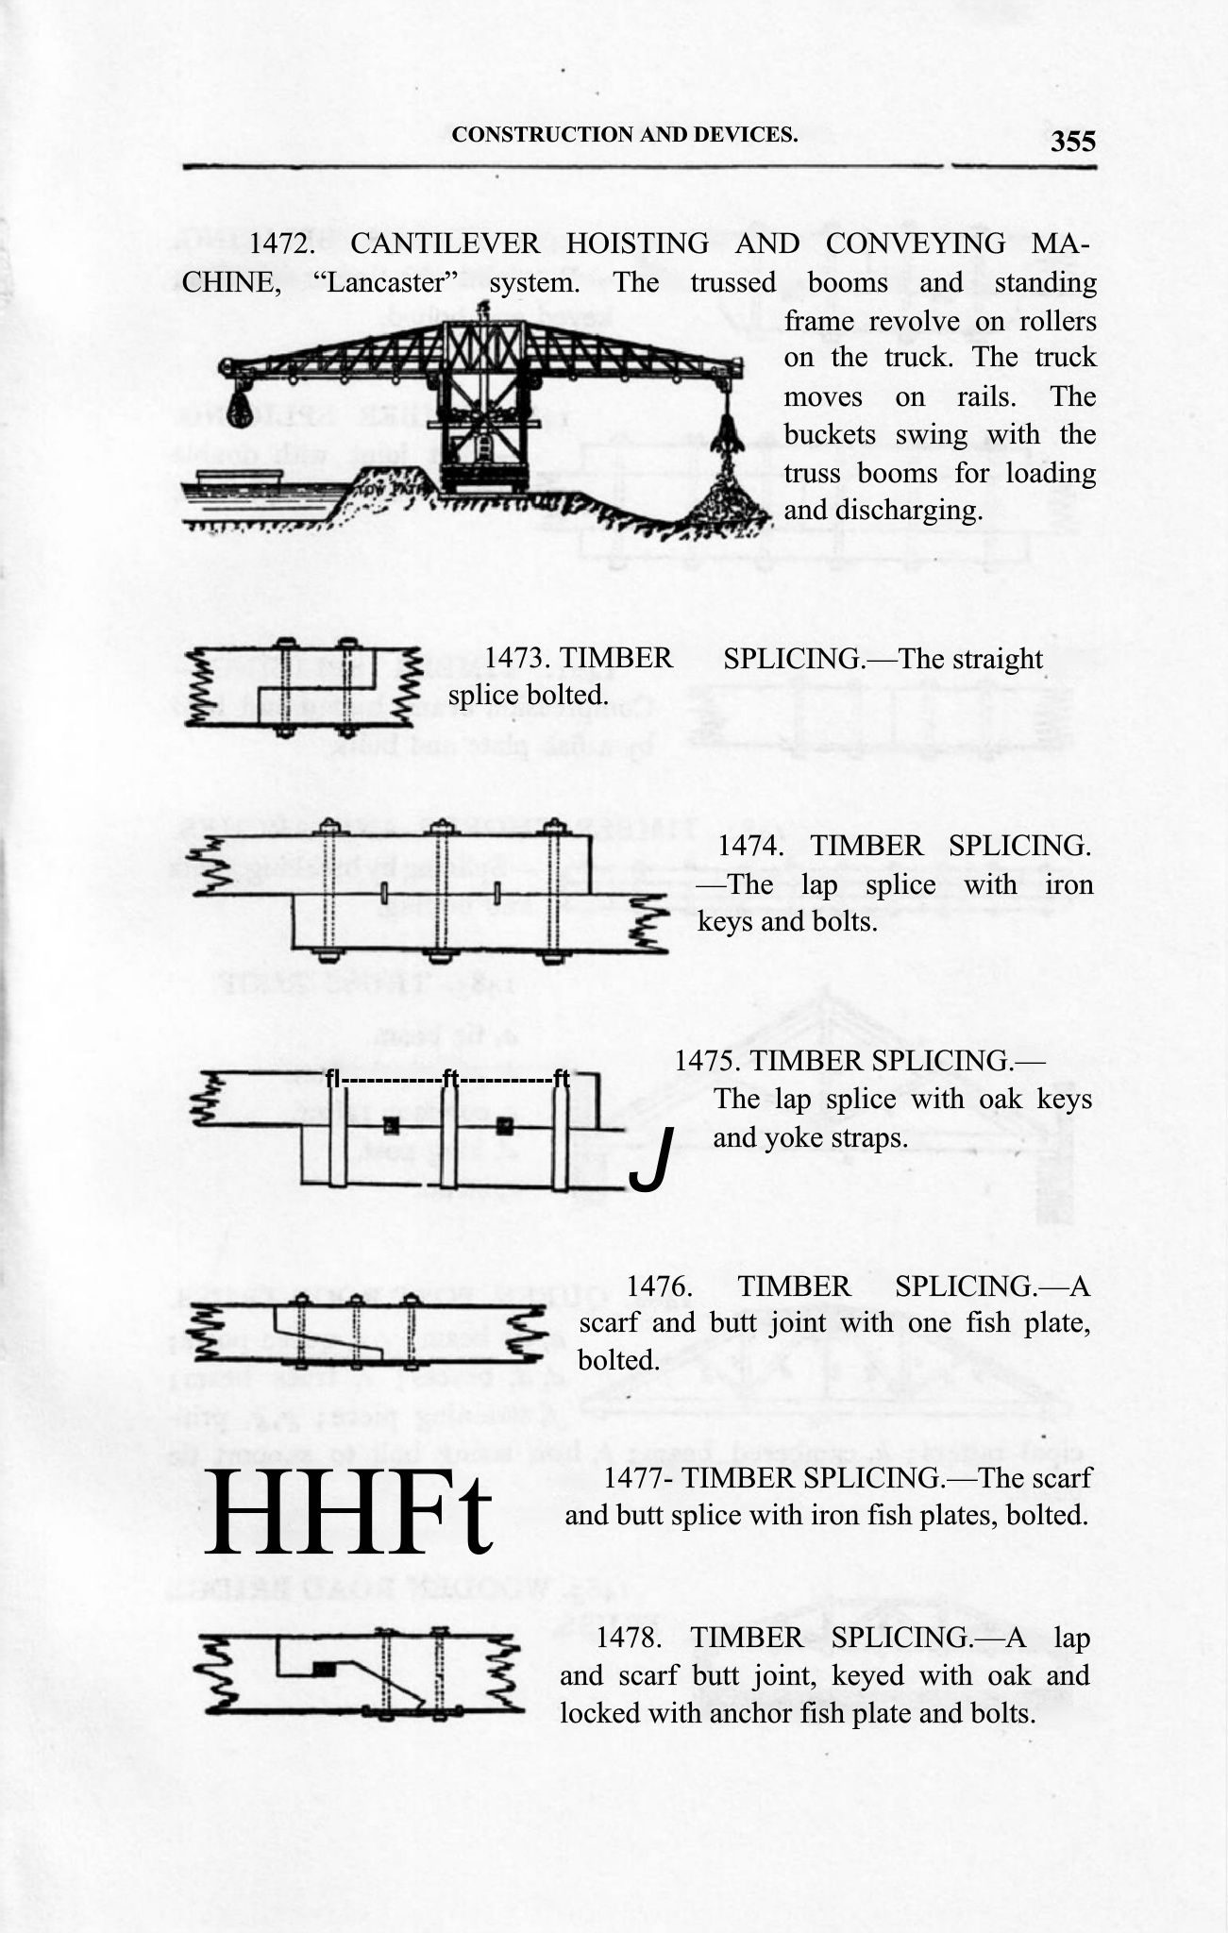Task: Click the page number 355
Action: point(1073,142)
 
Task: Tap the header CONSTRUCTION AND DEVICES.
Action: point(624,134)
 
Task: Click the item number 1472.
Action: point(281,244)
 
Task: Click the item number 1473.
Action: point(515,659)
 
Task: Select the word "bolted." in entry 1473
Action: point(565,697)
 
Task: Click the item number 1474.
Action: point(750,846)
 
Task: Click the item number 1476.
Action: point(661,1286)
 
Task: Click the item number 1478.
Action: point(629,1638)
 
